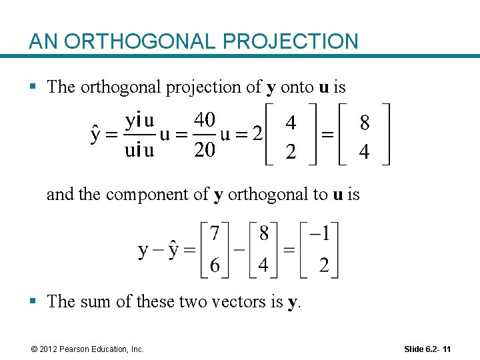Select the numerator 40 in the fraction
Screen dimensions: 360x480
pyautogui.click(x=204, y=121)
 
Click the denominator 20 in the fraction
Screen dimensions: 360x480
pyautogui.click(x=204, y=150)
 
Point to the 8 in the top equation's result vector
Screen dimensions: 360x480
pyautogui.click(x=365, y=123)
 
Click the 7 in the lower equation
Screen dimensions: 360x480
pyautogui.click(x=215, y=234)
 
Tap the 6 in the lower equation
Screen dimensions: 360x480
pyautogui.click(x=215, y=265)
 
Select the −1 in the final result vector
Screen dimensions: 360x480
pyautogui.click(x=319, y=234)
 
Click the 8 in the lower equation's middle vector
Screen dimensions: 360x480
pyautogui.click(x=264, y=234)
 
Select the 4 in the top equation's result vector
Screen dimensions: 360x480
pyautogui.click(x=364, y=153)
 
